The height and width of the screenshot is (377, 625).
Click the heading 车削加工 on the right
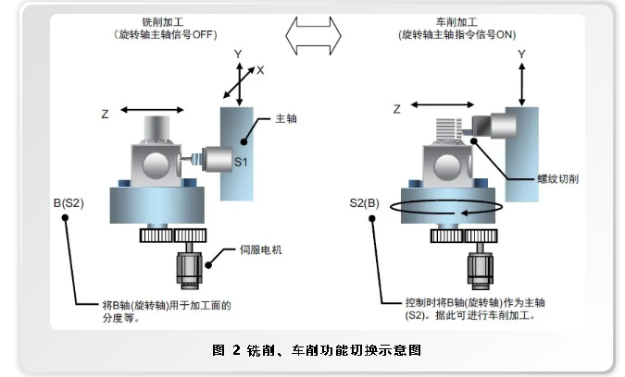[457, 21]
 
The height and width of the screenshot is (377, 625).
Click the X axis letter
[260, 70]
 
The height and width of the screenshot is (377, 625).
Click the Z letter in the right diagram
[396, 109]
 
